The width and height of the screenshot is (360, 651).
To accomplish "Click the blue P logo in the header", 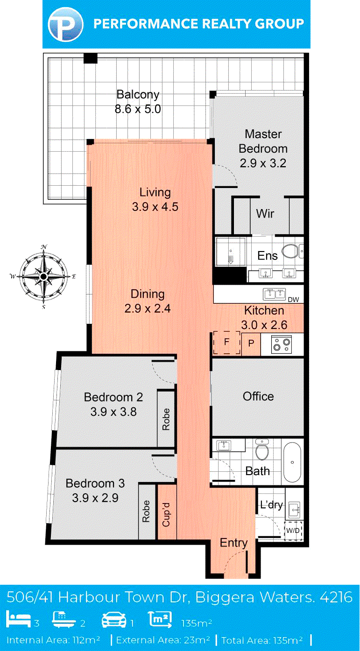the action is pos(65,24).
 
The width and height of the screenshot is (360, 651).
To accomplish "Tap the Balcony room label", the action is pos(138,95).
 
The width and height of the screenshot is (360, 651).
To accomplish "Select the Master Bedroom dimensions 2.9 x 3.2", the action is pos(263,163).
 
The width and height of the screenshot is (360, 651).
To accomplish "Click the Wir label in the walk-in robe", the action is pos(265,214).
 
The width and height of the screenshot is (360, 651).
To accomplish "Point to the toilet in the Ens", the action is pos(290,251).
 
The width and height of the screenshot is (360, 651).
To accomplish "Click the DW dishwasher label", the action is pos(293,300).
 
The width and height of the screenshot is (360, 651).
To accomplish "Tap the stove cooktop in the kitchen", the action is pos(281,344).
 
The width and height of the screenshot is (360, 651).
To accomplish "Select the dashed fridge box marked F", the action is pos(227,343).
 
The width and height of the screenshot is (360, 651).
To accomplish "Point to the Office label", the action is pos(258,396).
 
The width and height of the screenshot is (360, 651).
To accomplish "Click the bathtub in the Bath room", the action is pos(292,462).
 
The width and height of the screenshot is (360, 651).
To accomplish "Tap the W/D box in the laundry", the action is pos(293,531).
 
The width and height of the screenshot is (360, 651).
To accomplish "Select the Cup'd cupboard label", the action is pos(166,515).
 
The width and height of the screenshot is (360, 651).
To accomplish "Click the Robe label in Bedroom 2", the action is pos(166,420).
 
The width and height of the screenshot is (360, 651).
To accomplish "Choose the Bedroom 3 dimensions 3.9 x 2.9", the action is pos(95,498).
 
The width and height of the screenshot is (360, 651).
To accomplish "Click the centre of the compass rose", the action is pos(43,276).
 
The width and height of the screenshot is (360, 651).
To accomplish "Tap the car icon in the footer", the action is pos(114,620).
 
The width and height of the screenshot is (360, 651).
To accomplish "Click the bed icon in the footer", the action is pos(19,619).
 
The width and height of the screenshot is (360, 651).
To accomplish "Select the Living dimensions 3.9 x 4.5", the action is pos(155,207).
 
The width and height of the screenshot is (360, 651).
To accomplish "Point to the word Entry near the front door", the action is pos(234,543).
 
